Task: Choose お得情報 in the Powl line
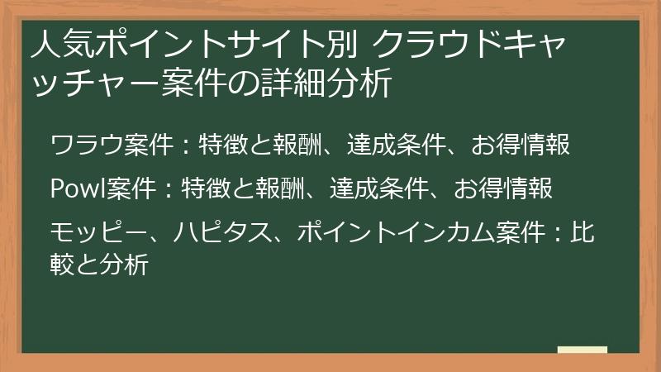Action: [x=503, y=189]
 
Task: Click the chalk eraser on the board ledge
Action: [x=582, y=350]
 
